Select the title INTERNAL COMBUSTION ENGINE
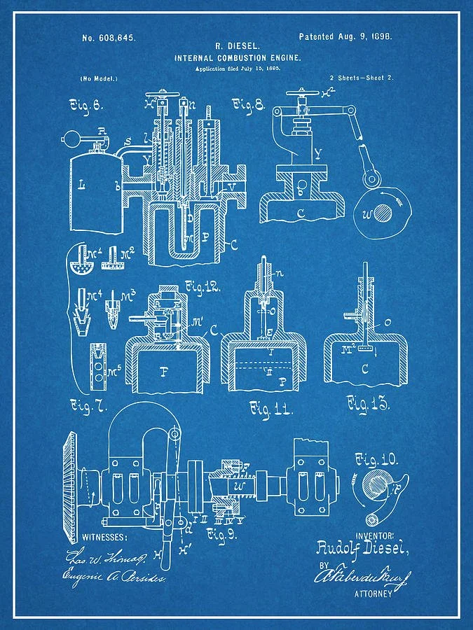[238, 58]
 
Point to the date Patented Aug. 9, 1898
[345, 36]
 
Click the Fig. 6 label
[86, 106]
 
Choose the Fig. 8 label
[249, 106]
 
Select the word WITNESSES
[105, 537]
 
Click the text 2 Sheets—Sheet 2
[359, 78]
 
